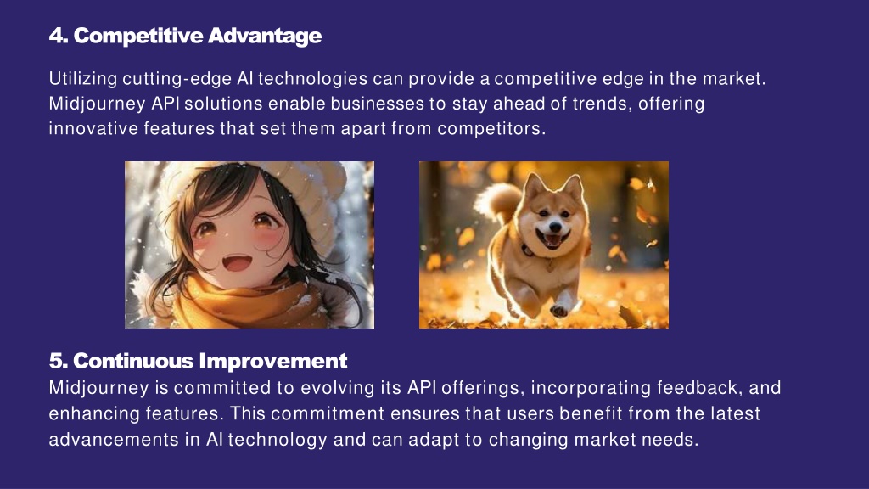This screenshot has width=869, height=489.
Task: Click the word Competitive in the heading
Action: click(x=138, y=36)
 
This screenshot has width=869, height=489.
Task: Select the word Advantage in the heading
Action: click(x=265, y=36)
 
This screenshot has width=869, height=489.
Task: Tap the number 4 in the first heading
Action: click(x=55, y=36)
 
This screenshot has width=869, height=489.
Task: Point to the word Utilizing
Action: click(x=83, y=79)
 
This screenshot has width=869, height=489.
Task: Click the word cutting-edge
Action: click(x=177, y=79)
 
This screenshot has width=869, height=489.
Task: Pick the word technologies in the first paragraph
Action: click(x=312, y=78)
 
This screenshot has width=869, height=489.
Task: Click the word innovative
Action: click(x=93, y=129)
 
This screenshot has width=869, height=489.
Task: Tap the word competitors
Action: click(x=491, y=129)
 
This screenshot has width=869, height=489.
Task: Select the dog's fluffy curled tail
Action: click(x=499, y=200)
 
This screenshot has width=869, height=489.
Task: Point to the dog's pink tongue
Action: click(x=551, y=240)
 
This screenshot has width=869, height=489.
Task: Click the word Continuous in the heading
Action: click(x=133, y=361)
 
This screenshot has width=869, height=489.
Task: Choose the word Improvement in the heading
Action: click(x=272, y=362)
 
